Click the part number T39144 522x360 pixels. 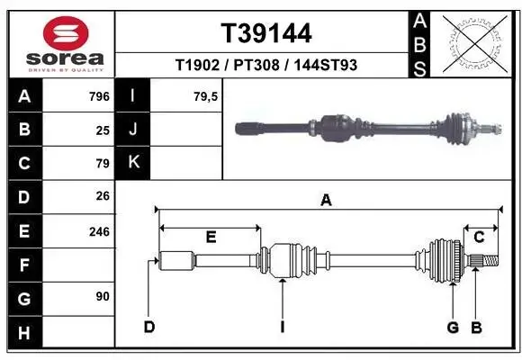click(266, 33)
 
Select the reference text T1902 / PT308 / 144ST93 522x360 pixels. click(266, 65)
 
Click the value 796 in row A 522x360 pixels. click(99, 96)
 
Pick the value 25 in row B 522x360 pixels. click(103, 130)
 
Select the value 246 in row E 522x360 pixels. click(99, 231)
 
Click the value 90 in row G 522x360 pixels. click(103, 295)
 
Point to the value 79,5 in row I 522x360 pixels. click(205, 96)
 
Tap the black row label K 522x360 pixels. click(133, 163)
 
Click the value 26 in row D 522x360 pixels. click(103, 197)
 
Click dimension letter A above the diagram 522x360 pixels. click(326, 201)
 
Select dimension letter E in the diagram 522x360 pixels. click(211, 238)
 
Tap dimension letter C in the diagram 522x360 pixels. click(480, 238)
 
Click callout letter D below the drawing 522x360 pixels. click(149, 326)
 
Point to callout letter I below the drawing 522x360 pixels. click(282, 326)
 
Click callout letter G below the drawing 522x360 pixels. click(453, 326)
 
